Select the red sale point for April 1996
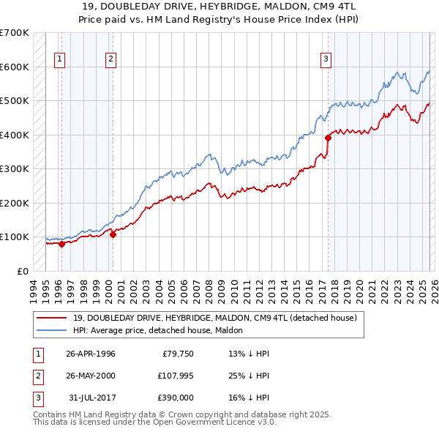point(61,244)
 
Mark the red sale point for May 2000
point(113,234)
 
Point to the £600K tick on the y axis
point(14,67)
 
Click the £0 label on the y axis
point(23,271)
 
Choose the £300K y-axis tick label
point(14,168)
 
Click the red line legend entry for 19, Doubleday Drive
point(214,318)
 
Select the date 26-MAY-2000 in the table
point(91,376)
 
